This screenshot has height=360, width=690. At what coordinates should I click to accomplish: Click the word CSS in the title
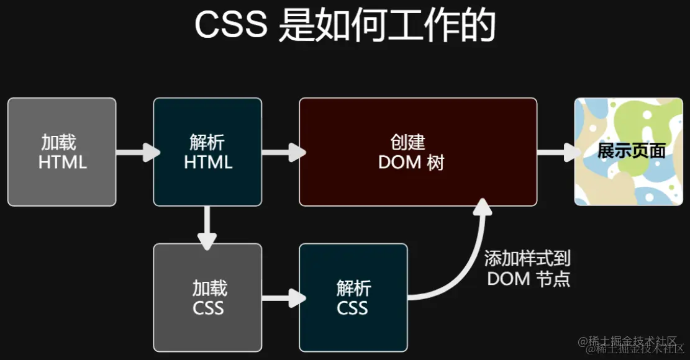tap(231, 26)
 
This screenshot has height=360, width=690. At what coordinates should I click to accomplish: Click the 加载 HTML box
tap(62, 151)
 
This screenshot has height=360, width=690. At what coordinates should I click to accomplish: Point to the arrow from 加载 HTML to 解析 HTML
tap(135, 152)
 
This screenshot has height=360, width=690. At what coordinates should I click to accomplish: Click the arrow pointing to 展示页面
tap(556, 152)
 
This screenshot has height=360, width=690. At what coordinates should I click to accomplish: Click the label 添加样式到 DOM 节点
tap(528, 268)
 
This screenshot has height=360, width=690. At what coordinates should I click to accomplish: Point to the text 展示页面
tap(631, 151)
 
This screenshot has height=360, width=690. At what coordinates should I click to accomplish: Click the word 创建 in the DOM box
tap(408, 142)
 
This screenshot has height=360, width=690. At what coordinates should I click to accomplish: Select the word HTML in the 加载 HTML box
tap(62, 163)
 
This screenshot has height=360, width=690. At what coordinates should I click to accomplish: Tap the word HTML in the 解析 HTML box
tap(208, 163)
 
